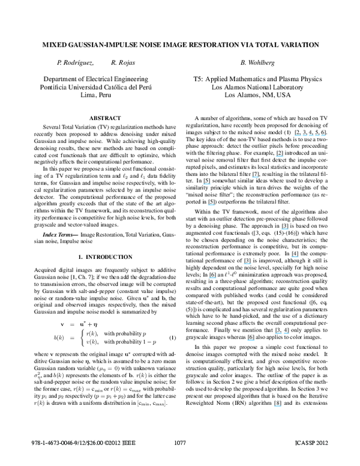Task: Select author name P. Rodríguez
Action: click(76, 62)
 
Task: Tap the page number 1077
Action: click(180, 459)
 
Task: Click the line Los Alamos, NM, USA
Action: click(257, 95)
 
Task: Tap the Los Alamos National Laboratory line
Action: click(257, 86)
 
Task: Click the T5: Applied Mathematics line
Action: click(257, 78)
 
